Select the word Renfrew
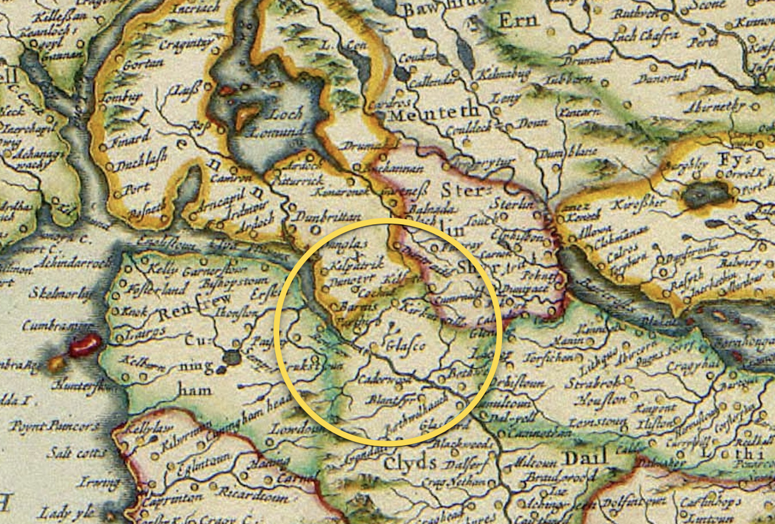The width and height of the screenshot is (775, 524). tap(188, 312)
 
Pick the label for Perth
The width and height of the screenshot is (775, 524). tap(703, 42)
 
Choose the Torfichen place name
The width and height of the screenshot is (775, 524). tap(551, 357)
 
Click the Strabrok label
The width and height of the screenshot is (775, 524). tap(591, 383)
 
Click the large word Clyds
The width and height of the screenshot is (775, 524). tap(409, 463)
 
